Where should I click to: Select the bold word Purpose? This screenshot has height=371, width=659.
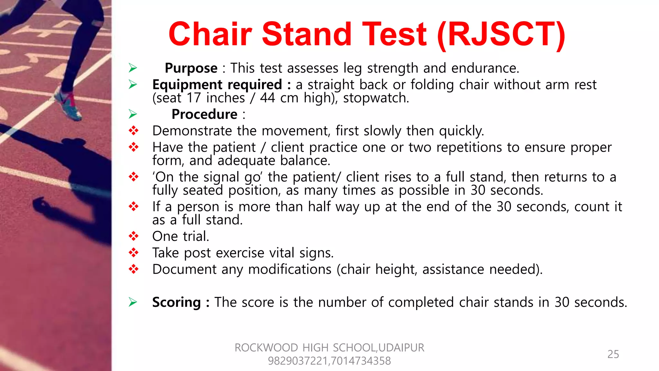click(191, 68)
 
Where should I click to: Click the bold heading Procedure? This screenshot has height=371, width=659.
click(204, 114)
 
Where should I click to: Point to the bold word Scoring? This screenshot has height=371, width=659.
click(176, 302)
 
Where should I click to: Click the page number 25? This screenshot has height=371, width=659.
click(613, 354)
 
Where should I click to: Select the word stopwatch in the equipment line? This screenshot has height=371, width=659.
click(375, 98)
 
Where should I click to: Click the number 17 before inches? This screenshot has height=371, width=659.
click(194, 98)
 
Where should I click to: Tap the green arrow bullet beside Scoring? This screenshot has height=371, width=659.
click(133, 302)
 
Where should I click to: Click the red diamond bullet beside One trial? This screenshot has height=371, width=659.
click(134, 236)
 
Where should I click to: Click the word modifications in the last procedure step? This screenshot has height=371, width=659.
click(290, 269)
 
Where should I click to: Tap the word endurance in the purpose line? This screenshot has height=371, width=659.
click(485, 68)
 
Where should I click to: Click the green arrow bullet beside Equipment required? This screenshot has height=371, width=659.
click(133, 84)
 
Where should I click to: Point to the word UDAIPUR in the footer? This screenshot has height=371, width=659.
click(401, 348)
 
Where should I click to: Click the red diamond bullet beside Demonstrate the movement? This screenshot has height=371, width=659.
click(134, 131)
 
